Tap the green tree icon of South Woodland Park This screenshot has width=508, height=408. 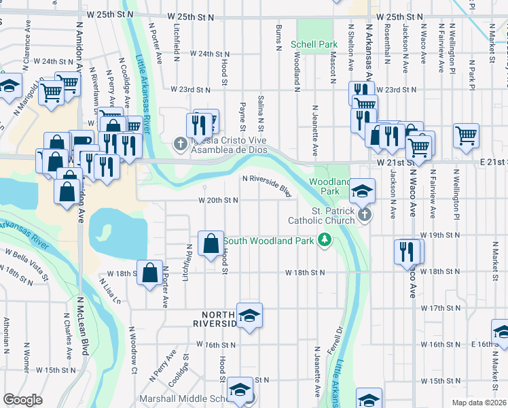coord(325,240)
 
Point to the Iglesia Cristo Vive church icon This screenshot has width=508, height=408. coord(179,143)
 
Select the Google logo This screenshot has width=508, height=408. coord(22,400)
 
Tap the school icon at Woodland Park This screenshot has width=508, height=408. coord(363,192)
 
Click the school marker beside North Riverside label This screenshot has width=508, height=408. coord(250,316)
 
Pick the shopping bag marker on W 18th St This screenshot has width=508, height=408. coord(149,273)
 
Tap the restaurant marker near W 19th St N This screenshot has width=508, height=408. coord(405,251)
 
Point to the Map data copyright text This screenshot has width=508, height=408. coord(479,403)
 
